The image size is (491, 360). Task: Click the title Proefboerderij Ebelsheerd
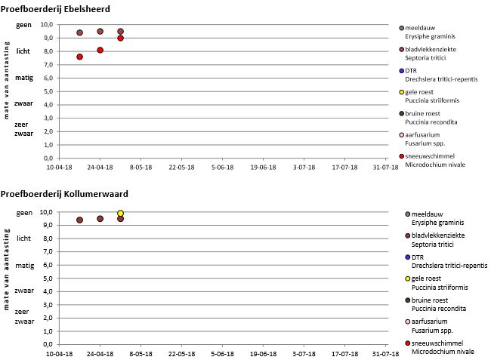click(56, 8)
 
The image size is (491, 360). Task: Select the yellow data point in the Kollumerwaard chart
click(121, 214)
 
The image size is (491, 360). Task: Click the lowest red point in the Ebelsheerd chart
click(80, 57)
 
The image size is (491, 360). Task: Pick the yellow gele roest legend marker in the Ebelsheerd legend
click(402, 92)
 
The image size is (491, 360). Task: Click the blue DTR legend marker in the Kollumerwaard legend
click(408, 257)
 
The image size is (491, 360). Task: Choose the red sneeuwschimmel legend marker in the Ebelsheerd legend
click(402, 155)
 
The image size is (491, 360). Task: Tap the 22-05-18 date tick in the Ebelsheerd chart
click(181, 168)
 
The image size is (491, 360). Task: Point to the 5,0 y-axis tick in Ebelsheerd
click(46, 91)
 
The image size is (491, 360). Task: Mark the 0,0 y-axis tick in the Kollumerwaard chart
click(46, 343)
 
